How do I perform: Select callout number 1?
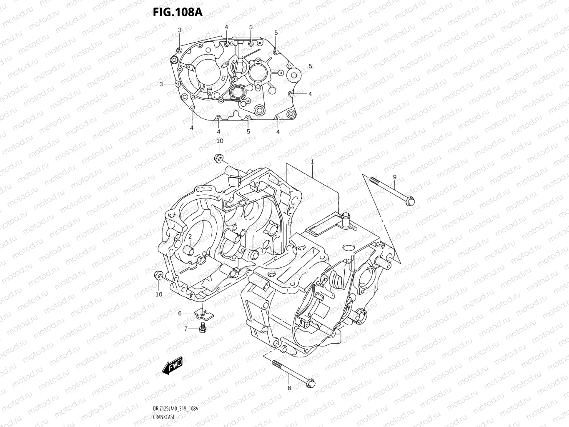click(312, 161)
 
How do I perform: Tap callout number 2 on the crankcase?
click(189, 237)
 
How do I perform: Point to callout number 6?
click(180, 313)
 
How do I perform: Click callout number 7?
click(186, 329)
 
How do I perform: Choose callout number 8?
click(289, 388)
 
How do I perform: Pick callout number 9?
click(394, 177)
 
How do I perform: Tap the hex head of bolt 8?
click(310, 382)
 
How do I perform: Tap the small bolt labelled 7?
click(203, 328)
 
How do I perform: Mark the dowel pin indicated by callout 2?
click(188, 250)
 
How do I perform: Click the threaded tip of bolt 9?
click(372, 180)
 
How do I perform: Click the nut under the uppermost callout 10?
click(218, 158)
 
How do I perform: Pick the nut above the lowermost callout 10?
click(158, 274)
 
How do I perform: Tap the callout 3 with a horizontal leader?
click(161, 84)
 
